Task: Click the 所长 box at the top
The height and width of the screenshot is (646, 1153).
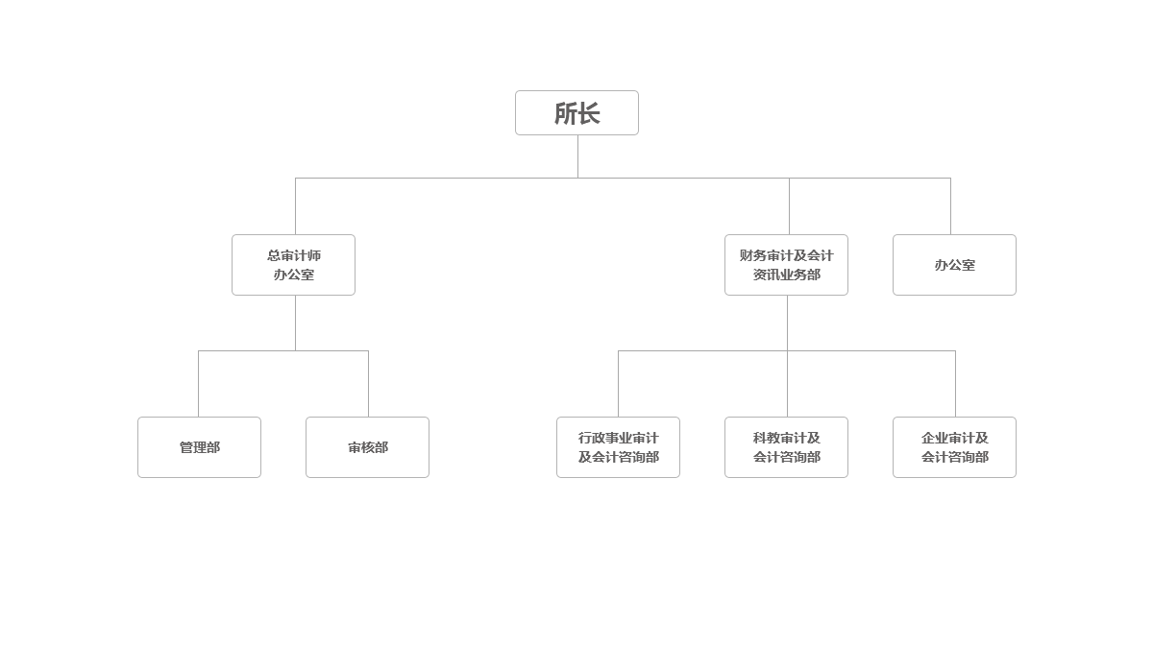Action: tap(576, 112)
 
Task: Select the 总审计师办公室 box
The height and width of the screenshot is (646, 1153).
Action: tap(293, 265)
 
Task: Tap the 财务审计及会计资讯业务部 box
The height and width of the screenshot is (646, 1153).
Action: tap(786, 265)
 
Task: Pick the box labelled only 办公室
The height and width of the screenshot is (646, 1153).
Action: tap(954, 265)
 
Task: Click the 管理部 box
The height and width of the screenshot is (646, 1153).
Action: tap(199, 447)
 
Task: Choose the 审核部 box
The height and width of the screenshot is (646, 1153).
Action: tap(367, 447)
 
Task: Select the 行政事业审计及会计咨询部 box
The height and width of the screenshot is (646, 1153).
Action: tap(618, 447)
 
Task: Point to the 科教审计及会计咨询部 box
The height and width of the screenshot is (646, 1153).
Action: tap(786, 447)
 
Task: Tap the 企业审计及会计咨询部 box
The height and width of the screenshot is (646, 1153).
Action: tap(954, 447)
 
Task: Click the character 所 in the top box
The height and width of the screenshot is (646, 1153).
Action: tap(565, 113)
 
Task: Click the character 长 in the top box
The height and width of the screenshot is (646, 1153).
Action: tap(589, 113)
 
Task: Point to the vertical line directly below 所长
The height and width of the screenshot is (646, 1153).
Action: tap(577, 156)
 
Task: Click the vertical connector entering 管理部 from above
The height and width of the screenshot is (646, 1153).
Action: tap(198, 384)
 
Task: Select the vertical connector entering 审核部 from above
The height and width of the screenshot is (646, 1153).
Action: tap(368, 384)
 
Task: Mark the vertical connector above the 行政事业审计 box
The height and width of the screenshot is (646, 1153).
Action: tap(618, 384)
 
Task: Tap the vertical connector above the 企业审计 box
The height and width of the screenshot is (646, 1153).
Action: tap(955, 384)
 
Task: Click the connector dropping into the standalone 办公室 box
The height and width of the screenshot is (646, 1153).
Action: tap(950, 206)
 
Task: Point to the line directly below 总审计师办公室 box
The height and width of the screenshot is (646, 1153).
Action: tap(296, 323)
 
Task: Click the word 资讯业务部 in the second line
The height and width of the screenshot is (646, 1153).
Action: tap(787, 275)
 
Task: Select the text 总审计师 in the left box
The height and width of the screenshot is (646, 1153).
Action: tap(294, 255)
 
